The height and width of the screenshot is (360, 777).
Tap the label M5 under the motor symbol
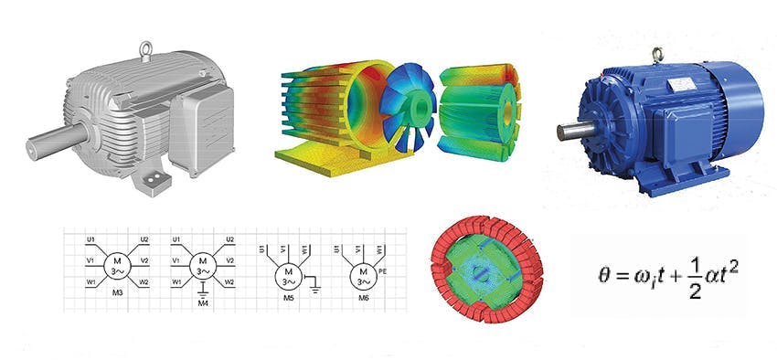(x=289, y=297)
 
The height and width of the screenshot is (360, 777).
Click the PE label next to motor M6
(x=382, y=271)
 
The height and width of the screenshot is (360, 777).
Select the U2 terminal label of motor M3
(x=144, y=239)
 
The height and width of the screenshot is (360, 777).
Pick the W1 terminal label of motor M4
(x=176, y=281)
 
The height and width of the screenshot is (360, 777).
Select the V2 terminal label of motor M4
(x=230, y=260)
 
